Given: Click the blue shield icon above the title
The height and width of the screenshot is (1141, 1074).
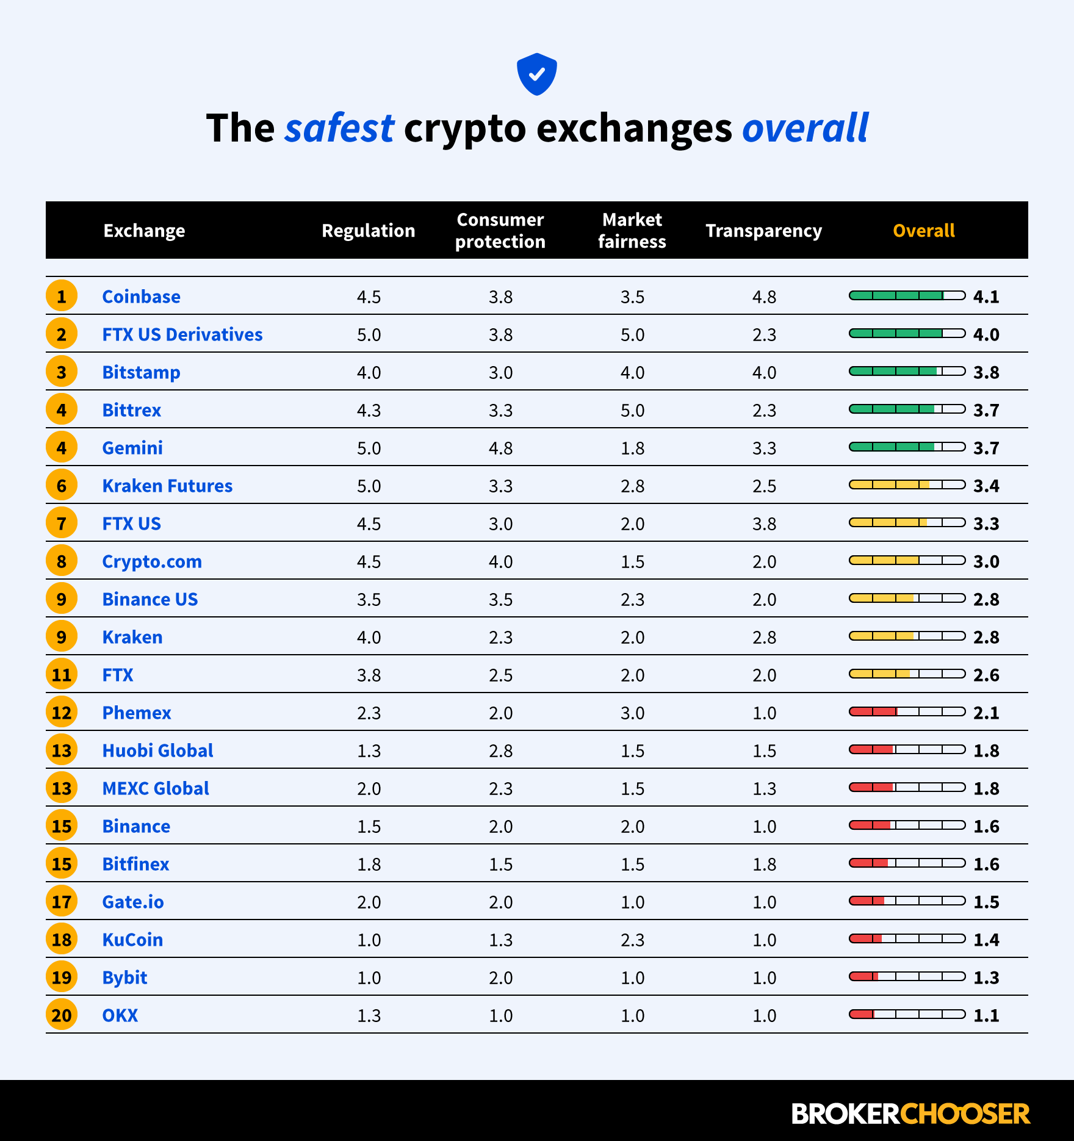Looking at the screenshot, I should point(536,74).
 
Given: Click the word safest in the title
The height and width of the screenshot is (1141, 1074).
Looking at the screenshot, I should point(339,128).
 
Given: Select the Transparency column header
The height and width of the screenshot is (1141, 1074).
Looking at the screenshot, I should point(763,231).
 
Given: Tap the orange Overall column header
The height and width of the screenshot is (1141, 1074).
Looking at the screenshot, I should point(923,231).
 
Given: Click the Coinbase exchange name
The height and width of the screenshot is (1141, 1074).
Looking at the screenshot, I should point(141,297).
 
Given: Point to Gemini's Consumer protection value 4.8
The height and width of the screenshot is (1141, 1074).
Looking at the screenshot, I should point(500,448).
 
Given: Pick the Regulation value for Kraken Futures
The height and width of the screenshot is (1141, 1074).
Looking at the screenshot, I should point(369,486).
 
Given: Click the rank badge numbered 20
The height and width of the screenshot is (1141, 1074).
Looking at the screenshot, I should point(62,1015).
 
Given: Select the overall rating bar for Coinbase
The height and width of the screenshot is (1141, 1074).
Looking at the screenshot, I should point(907,296).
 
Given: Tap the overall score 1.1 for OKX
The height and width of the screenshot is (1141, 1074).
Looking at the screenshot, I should point(986,1015).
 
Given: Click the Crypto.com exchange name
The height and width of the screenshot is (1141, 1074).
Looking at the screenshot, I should point(152,561).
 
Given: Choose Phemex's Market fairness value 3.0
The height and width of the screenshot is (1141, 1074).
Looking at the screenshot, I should point(632,713).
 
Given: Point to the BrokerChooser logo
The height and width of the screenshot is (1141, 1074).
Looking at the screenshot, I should point(910,1114).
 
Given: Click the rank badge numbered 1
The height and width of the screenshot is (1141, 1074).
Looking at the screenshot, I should point(62,297).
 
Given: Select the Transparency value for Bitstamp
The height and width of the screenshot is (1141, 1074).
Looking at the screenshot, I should point(764,372).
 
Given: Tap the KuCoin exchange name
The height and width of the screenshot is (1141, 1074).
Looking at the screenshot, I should point(132,940).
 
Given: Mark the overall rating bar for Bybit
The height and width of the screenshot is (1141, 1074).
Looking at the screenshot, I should point(907,977).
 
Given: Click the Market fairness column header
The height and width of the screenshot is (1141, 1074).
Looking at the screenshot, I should point(632,231).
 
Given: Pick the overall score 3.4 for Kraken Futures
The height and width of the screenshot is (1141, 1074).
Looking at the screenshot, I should point(986,486).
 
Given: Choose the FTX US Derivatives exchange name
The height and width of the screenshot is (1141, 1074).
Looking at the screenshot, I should point(182,334).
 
